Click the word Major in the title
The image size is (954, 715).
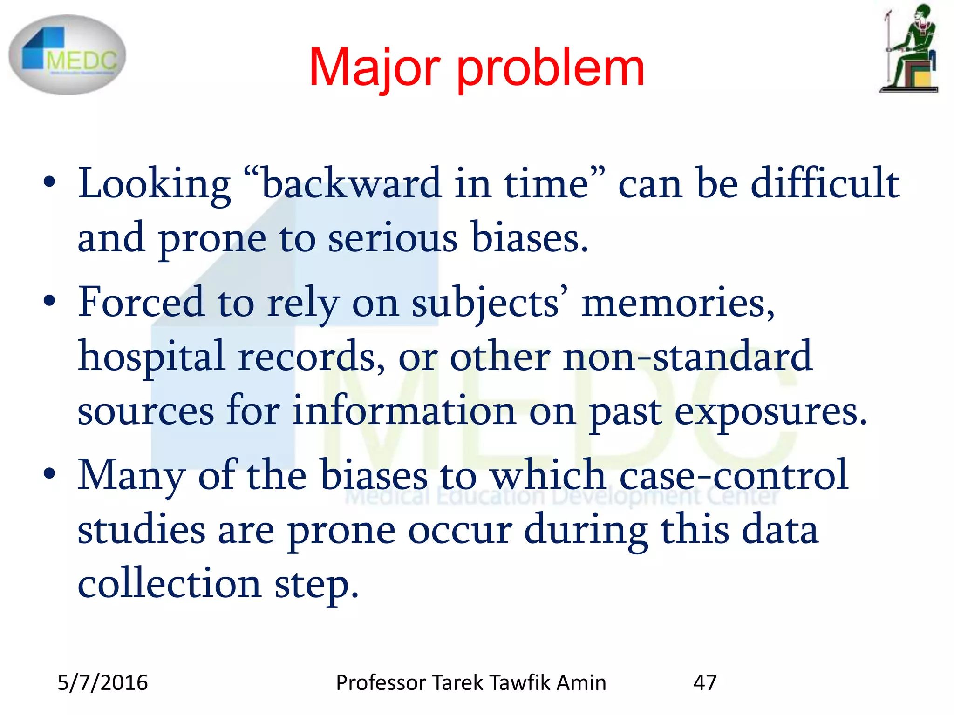coord(374,68)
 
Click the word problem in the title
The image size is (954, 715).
coord(551,70)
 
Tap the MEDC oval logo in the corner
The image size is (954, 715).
coord(68,55)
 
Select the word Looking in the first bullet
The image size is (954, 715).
coord(154,184)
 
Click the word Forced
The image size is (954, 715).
coord(141,303)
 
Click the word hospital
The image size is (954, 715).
coord(151,357)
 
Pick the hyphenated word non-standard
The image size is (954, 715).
coord(688,357)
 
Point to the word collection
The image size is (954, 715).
coord(169,584)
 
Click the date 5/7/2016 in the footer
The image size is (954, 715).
coord(102,683)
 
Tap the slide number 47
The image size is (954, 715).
coord(705,683)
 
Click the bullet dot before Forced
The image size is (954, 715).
coord(49,302)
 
